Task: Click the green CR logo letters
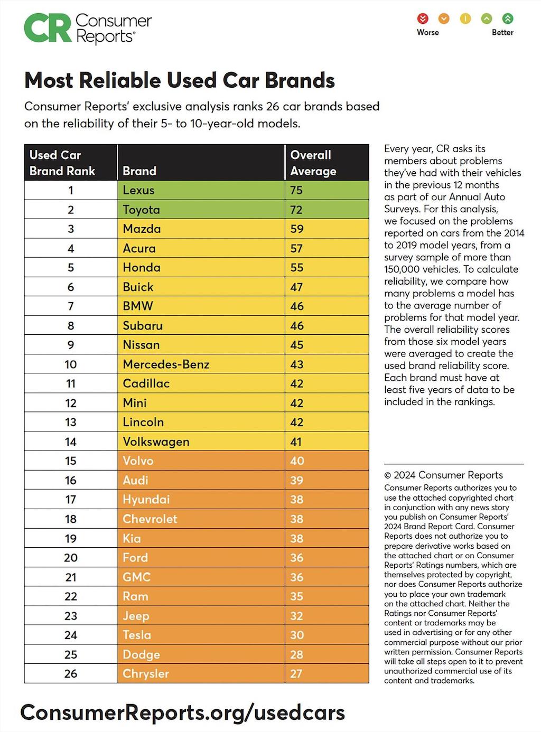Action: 48,29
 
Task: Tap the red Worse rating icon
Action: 423,19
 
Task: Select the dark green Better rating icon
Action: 507,19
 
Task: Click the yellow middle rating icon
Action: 465,19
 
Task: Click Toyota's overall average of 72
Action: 296,210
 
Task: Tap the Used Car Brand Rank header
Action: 62,163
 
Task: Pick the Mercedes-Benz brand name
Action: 166,364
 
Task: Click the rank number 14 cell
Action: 71,442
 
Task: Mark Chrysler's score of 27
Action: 296,674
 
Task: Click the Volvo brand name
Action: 138,461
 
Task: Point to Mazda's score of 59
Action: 296,229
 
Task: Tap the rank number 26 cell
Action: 71,674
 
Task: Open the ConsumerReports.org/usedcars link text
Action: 182,712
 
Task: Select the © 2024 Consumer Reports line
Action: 443,475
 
